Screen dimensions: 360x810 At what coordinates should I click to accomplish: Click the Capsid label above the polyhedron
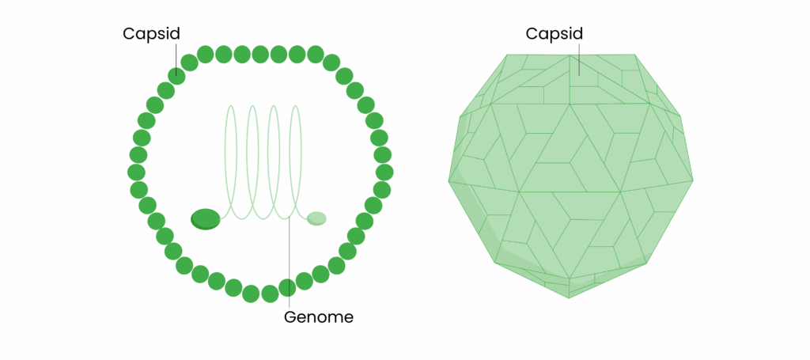pyautogui.click(x=554, y=34)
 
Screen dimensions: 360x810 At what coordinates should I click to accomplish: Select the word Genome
pyautogui.click(x=319, y=317)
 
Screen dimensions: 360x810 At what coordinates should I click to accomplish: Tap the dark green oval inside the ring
pyautogui.click(x=206, y=218)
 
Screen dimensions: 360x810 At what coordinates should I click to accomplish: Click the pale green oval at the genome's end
pyautogui.click(x=316, y=218)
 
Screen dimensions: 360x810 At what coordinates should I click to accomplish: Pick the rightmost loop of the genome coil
pyautogui.click(x=296, y=158)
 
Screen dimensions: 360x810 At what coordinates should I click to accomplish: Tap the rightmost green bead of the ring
pyautogui.click(x=385, y=172)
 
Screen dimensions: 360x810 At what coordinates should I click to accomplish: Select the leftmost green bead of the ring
pyautogui.click(x=136, y=172)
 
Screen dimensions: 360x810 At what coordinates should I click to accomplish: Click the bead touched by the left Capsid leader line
pyautogui.click(x=176, y=76)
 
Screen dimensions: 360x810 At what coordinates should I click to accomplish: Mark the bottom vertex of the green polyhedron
pyautogui.click(x=570, y=298)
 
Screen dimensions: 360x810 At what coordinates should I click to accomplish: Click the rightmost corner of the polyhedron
pyautogui.click(x=694, y=181)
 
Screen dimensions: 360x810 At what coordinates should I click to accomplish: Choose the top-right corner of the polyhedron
pyautogui.click(x=635, y=55)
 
